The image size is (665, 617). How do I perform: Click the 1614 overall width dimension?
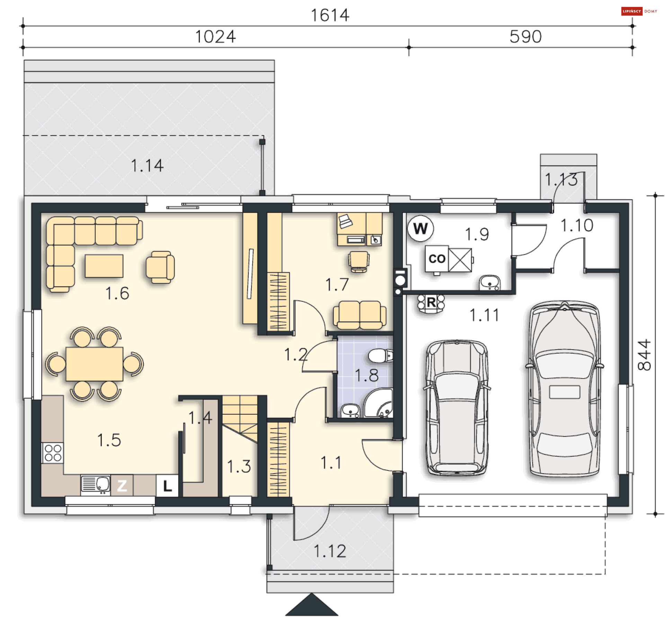pos(330,15)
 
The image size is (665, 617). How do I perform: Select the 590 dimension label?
pos(525,37)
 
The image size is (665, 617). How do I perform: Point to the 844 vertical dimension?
pos(644,355)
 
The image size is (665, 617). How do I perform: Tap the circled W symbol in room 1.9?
pos(420,228)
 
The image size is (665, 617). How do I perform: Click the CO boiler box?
pos(437,258)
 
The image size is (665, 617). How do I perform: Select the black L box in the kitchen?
pos(167,486)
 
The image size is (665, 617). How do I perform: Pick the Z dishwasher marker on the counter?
pos(122,486)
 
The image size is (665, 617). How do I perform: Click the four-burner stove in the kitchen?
pos(53,453)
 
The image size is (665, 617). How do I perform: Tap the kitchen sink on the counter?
pos(96,484)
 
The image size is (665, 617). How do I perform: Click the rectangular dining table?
pos(94,364)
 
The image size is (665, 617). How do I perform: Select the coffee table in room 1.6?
pos(104,266)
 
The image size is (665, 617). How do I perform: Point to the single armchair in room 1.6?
pos(160,267)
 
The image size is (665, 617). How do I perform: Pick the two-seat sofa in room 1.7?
pos(360,315)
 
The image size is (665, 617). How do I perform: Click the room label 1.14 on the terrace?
pos(147,166)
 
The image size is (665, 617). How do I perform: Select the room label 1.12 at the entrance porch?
pos(330,551)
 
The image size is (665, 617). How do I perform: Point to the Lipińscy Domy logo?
pos(639,11)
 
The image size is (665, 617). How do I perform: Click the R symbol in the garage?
pos(431,302)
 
